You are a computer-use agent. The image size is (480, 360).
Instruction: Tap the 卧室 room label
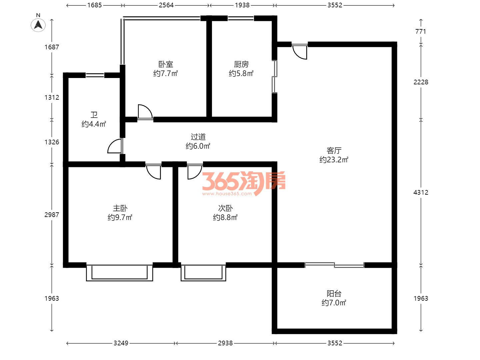[166, 64]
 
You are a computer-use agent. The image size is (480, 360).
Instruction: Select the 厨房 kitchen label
[241, 64]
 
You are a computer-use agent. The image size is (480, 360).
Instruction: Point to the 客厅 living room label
[334, 151]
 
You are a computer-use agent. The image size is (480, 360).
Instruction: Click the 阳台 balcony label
[334, 294]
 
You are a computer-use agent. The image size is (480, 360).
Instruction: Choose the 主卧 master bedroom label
[120, 208]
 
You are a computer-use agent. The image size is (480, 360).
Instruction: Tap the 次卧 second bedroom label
[225, 208]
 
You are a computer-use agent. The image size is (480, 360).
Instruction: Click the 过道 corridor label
[198, 137]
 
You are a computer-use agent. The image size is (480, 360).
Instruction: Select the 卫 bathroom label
[94, 115]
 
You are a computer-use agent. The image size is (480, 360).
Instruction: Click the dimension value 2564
[166, 5]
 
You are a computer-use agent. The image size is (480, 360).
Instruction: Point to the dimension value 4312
[421, 192]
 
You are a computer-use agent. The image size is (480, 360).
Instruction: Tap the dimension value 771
[421, 31]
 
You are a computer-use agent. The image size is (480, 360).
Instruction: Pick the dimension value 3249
[121, 343]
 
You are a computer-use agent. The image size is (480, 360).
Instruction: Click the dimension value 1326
[52, 142]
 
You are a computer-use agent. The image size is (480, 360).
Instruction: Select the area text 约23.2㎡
[334, 160]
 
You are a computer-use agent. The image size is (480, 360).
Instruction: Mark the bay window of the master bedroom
[119, 273]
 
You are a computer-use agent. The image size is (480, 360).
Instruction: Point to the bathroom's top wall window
[95, 75]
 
